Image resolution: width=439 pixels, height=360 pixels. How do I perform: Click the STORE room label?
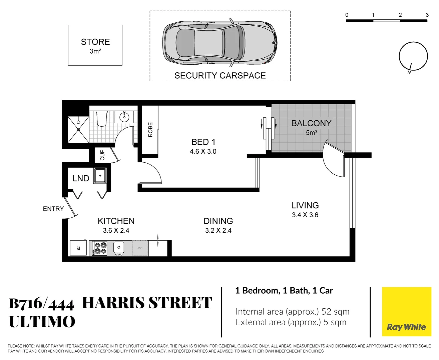pos(95,42)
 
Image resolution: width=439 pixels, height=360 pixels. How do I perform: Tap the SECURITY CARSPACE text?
pos(220,76)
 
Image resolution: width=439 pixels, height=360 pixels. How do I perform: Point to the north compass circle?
pos(413,56)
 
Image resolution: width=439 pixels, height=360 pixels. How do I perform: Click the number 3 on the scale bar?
pos(427,15)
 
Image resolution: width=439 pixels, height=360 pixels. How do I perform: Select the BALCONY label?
pos(311,123)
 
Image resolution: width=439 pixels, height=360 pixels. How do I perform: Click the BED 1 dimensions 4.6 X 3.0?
pos(203,152)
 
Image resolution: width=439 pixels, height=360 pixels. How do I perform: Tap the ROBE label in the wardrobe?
pos(150,130)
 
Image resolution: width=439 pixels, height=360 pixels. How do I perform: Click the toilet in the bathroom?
pos(101,118)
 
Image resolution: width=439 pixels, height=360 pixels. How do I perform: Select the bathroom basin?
pos(124,117)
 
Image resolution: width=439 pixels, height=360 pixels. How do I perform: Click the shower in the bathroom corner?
pos(78,129)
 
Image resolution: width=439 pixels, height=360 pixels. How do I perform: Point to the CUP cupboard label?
pos(102,155)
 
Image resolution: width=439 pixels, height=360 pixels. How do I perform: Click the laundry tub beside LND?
pos(100,176)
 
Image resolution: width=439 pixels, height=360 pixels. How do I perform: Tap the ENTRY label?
pos(53,209)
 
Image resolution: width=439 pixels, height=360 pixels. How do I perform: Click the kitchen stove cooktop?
pos(99,248)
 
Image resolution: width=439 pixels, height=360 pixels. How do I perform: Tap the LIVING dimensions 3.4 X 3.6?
pos(305,215)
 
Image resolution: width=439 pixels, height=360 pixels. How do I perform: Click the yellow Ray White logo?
pos(406,311)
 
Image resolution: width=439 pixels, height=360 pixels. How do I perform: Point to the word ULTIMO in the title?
pos(42,322)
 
